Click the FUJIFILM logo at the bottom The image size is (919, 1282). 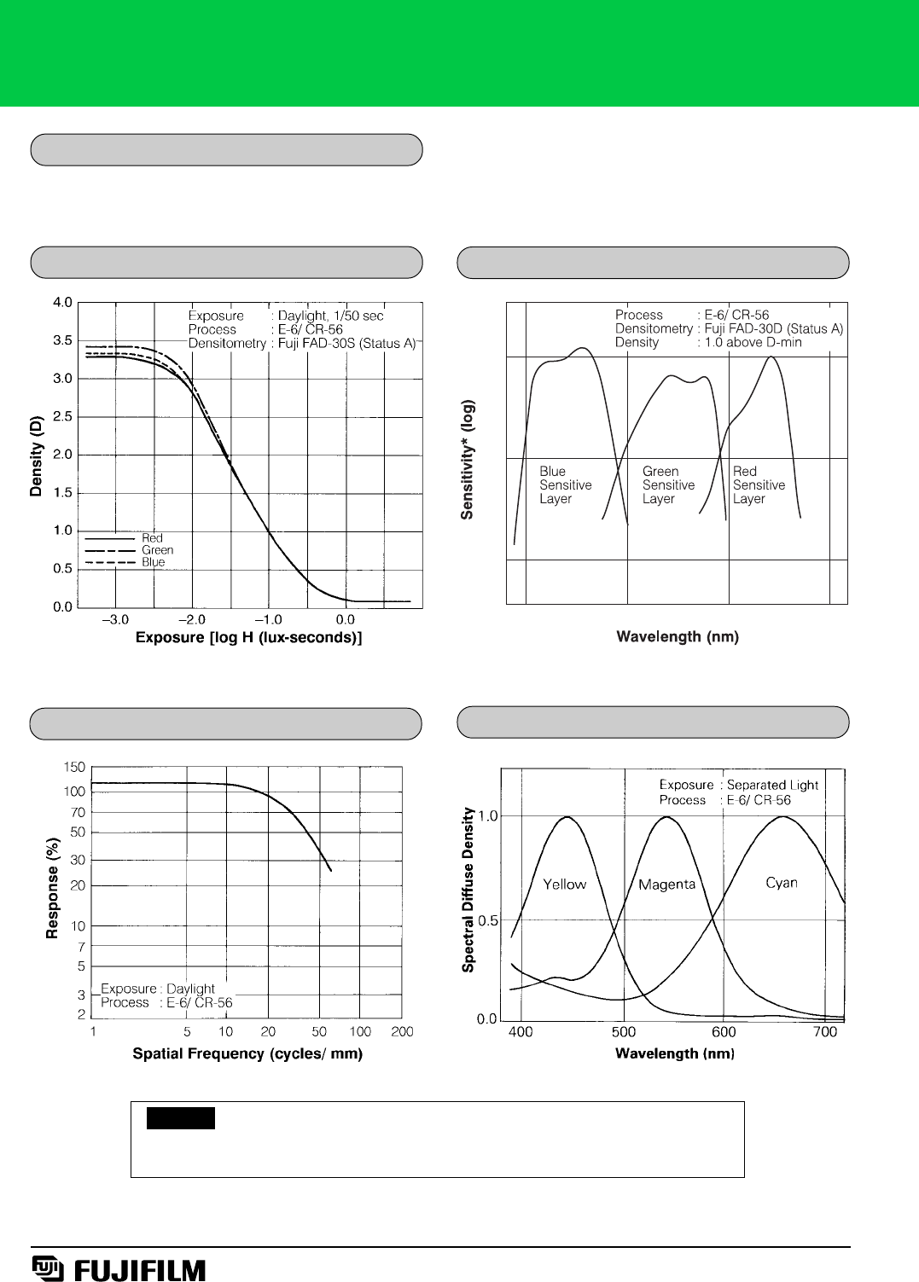pos(119,1269)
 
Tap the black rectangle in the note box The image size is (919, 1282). pos(180,1118)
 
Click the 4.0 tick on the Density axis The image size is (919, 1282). pos(62,303)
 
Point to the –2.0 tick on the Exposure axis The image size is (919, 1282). pos(191,620)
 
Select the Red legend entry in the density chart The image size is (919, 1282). pos(152,538)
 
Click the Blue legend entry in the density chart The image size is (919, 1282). pos(154,562)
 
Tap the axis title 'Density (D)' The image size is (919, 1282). pos(36,456)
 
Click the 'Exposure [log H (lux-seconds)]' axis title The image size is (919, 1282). pos(248,638)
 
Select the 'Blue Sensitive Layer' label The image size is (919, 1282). pos(565,485)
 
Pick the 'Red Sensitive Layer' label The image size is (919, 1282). pos(758,485)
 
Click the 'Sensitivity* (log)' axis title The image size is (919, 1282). pos(467,459)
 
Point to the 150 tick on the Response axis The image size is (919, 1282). pos(74,768)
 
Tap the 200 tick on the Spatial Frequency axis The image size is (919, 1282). pos(402,1032)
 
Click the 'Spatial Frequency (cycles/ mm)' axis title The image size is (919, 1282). pos(247,1054)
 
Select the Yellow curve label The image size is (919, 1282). pos(564,885)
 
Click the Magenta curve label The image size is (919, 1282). pos(666,885)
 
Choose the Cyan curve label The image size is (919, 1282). pos(781,883)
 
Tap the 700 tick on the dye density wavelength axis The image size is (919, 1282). pos(824,1032)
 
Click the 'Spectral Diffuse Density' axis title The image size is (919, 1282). pos(468,890)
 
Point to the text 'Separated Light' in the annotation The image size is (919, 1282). pos(772,785)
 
